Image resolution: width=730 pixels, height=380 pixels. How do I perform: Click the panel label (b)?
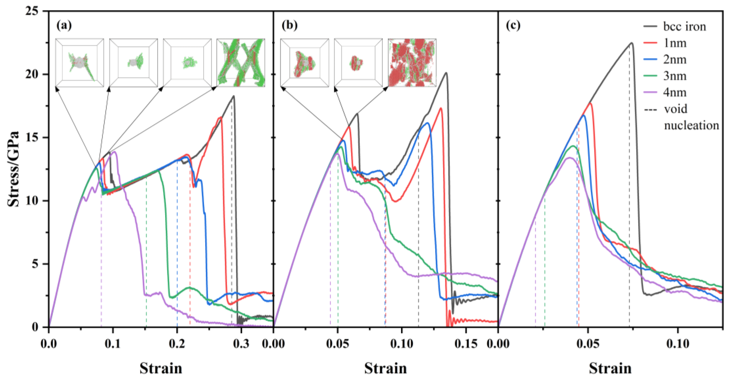289,26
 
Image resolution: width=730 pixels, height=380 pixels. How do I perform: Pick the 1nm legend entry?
674,43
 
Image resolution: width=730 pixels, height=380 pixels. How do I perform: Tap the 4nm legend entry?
674,92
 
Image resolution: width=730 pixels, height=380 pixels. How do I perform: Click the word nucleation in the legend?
691,125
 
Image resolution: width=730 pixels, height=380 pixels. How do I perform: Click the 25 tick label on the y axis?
32,12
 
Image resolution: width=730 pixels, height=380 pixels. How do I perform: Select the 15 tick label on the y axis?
32,138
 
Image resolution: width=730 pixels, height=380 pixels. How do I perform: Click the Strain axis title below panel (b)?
385,368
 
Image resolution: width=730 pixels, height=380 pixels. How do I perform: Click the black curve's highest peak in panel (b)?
446,73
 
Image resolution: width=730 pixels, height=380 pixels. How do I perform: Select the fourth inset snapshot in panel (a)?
241,63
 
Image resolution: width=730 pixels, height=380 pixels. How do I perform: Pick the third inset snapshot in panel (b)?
412,63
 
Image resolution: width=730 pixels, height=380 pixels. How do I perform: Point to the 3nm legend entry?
674,76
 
